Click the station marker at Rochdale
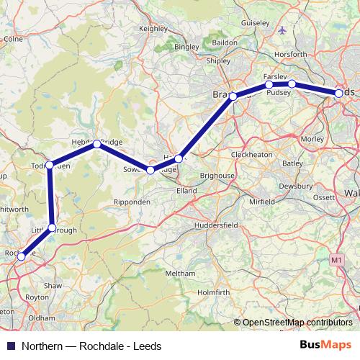[22, 256]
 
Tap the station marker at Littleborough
[52, 228]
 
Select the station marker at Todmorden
[50, 165]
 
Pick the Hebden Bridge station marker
[96, 144]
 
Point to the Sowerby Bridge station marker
[150, 171]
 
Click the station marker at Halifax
[179, 158]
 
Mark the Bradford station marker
[233, 96]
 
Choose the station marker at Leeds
[339, 93]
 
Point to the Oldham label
[42, 318]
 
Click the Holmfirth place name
[213, 292]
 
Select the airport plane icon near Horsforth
[282, 31]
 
